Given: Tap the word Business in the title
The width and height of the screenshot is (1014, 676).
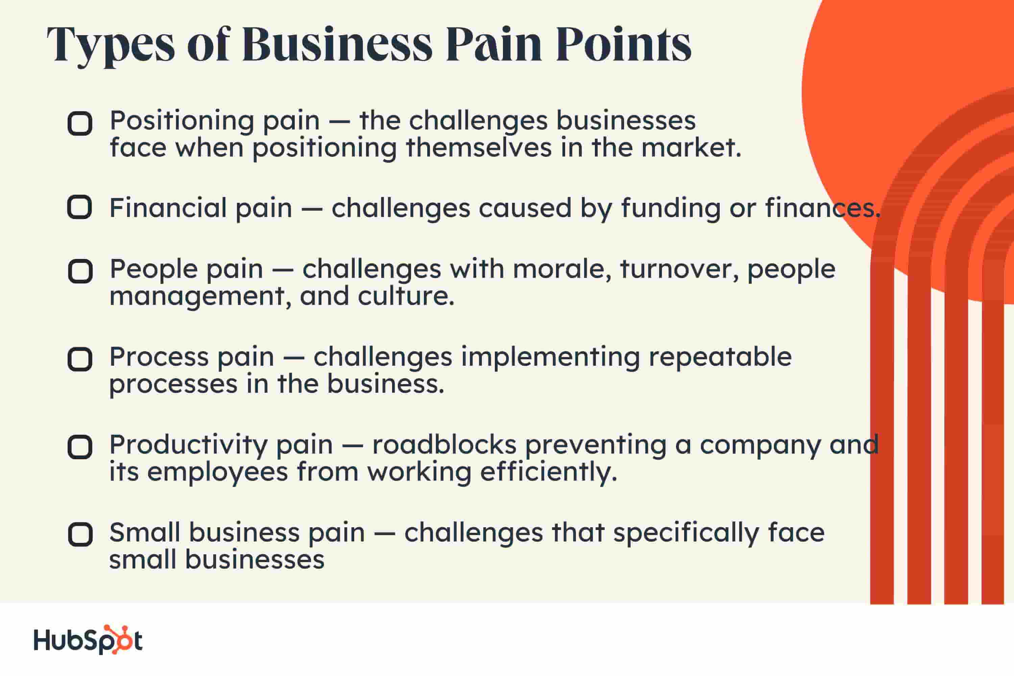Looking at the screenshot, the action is coord(337,44).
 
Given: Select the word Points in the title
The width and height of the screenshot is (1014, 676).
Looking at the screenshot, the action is coord(624,44).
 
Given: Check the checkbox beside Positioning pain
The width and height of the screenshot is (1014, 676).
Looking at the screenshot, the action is coord(80,124).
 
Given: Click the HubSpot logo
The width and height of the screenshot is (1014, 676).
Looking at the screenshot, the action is coord(88,640).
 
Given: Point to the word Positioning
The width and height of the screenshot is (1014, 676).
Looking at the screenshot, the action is coord(182,121).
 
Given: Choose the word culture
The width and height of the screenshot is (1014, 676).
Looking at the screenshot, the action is coord(406,297).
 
